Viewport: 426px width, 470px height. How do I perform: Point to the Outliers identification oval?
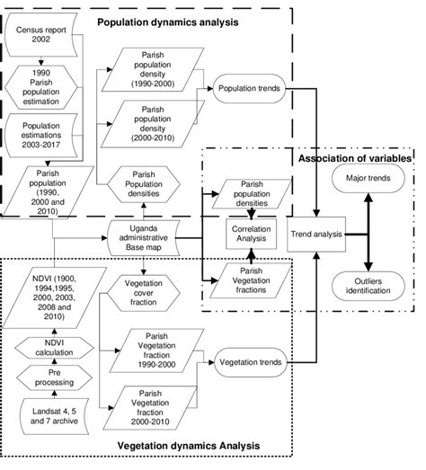click(x=367, y=286)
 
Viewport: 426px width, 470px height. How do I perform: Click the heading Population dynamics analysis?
click(x=166, y=21)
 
